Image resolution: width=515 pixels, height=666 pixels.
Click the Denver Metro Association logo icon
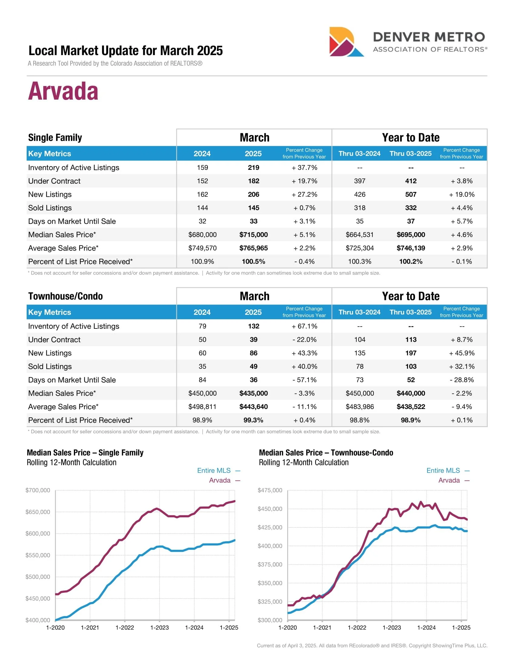pyautogui.click(x=346, y=42)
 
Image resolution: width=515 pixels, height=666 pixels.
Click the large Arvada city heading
pyautogui.click(x=63, y=91)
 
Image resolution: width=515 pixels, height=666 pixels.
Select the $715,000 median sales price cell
pyautogui.click(x=253, y=235)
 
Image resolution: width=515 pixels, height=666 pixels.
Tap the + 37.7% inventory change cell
pyautogui.click(x=304, y=167)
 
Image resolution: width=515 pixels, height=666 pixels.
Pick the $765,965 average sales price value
pyautogui.click(x=253, y=248)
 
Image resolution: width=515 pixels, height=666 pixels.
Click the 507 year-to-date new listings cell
pyautogui.click(x=411, y=194)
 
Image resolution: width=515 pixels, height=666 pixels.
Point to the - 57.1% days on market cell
pyautogui.click(x=304, y=380)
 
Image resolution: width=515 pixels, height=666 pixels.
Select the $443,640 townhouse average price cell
pyautogui.click(x=253, y=407)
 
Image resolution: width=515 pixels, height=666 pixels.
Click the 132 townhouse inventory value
pyautogui.click(x=253, y=326)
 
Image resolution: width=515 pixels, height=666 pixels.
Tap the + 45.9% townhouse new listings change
pyautogui.click(x=462, y=353)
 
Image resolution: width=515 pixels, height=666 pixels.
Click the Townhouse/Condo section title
pyautogui.click(x=65, y=296)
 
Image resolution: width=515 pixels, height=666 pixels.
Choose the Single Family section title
pyautogui.click(x=55, y=137)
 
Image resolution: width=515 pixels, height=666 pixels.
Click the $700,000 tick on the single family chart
pyautogui.click(x=38, y=490)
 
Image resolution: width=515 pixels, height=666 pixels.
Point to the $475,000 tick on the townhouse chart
pyautogui.click(x=270, y=490)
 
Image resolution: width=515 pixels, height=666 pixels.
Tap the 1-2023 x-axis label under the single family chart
pyautogui.click(x=159, y=628)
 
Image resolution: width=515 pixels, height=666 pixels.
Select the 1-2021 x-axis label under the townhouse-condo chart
pyautogui.click(x=322, y=628)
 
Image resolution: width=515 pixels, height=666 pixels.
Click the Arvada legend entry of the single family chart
pyautogui.click(x=220, y=480)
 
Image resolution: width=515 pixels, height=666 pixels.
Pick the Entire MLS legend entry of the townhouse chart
pyautogui.click(x=443, y=470)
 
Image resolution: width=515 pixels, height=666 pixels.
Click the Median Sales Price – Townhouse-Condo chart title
pyautogui.click(x=326, y=453)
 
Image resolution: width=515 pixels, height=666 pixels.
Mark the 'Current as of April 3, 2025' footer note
pyautogui.click(x=372, y=646)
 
